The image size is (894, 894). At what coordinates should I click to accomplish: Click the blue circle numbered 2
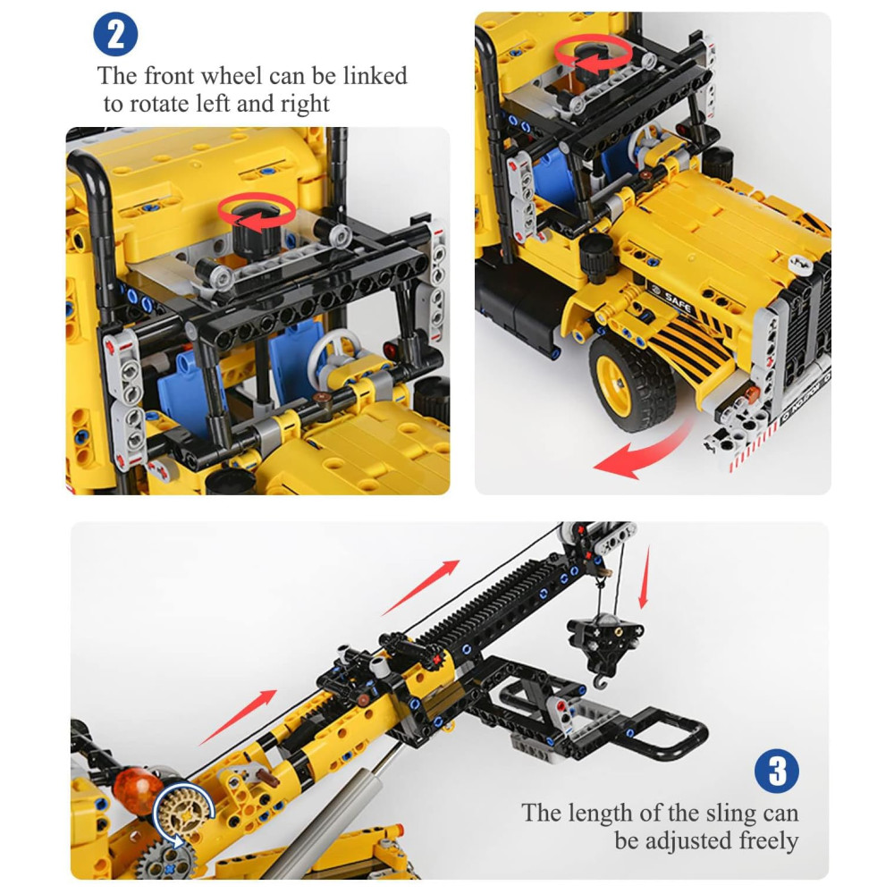(115, 34)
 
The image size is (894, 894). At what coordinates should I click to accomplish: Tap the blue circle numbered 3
(777, 771)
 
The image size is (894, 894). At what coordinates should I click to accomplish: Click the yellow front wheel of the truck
(632, 382)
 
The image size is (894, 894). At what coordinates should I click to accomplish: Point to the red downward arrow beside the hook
(645, 577)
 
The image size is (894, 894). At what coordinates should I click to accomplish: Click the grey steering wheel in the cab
(333, 353)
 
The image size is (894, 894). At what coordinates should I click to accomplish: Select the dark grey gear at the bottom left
(165, 861)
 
